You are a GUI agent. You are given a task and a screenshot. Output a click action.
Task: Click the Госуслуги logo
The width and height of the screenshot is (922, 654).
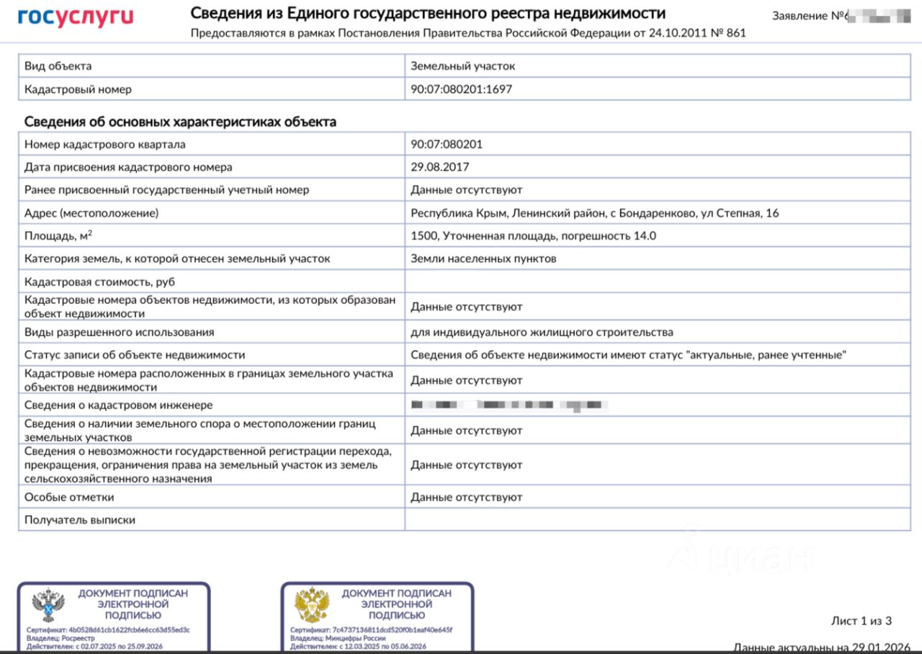click(x=76, y=17)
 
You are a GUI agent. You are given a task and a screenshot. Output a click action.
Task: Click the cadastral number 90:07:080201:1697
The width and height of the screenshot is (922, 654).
click(x=461, y=89)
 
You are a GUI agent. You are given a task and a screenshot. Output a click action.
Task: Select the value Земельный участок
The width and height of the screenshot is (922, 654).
click(x=462, y=66)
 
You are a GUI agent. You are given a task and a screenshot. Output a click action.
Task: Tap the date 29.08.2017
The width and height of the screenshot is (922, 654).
click(x=439, y=167)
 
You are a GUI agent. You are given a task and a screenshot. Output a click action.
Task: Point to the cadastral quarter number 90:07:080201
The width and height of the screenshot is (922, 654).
click(x=447, y=144)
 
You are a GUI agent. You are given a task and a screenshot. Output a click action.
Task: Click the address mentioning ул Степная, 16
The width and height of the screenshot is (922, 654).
click(x=594, y=213)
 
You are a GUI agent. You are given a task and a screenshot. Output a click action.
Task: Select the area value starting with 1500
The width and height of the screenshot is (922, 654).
click(x=533, y=236)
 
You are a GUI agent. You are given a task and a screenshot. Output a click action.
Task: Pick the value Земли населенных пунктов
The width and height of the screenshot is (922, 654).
click(x=483, y=259)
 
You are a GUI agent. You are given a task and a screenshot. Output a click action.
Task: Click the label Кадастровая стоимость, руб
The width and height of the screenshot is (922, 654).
click(x=99, y=282)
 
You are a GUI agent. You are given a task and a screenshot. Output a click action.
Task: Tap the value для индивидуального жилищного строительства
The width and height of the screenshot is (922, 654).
click(x=542, y=332)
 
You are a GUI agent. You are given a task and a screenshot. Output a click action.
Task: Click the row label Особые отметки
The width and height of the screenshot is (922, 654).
click(x=69, y=497)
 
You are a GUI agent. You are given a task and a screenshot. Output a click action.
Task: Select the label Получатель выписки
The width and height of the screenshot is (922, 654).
click(x=80, y=520)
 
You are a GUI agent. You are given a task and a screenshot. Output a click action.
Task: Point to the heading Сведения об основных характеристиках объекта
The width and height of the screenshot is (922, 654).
click(x=180, y=122)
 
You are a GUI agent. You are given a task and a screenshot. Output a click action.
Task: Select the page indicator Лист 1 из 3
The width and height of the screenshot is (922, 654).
click(x=861, y=621)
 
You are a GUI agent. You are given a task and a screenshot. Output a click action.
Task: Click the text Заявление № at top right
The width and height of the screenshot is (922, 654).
click(x=807, y=16)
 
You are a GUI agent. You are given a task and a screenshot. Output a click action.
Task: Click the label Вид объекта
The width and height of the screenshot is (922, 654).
click(x=58, y=66)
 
